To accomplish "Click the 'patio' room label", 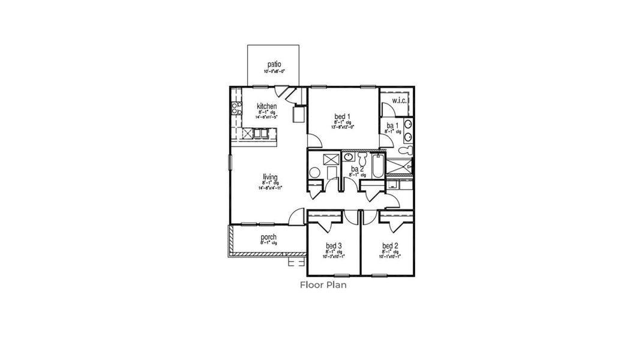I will pos(274,64).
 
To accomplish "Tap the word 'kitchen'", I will pos(266,106).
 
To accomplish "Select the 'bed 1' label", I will pos(343,116).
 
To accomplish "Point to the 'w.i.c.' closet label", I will pos(400,100).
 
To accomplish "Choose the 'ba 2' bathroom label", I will pos(357,170).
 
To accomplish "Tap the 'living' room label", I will pos(270,177).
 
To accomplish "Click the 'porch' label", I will pos(268,238).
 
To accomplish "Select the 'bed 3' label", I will pos(334,245).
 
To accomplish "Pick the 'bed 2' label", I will pos(390,245).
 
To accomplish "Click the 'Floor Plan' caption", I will pos(323,285).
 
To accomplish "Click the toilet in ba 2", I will pos(362,159).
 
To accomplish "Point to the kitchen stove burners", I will pos(235,109).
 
